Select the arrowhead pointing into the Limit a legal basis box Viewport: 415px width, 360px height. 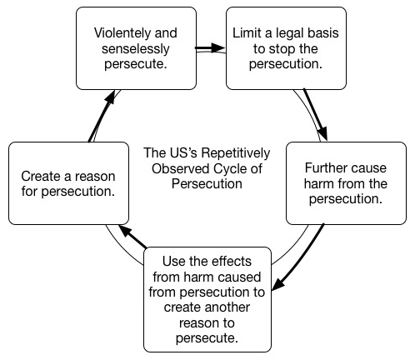pyautogui.click(x=221, y=49)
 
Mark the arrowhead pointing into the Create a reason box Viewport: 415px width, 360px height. pyautogui.click(x=122, y=228)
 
